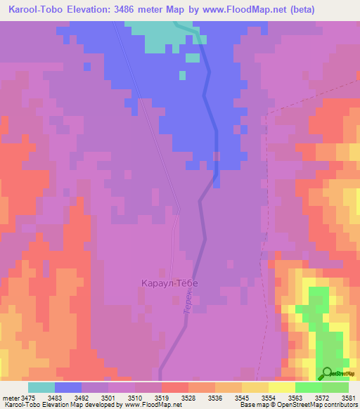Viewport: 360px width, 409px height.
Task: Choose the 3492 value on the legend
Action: click(82, 397)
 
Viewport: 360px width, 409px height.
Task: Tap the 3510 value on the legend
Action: click(135, 397)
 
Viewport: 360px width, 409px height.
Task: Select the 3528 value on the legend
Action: click(188, 397)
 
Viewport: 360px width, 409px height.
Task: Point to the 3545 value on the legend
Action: click(242, 397)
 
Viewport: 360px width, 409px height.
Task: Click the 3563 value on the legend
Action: click(295, 397)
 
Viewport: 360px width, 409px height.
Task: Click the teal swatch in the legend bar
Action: click(41, 387)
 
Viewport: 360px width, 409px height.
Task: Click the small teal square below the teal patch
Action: click(182, 75)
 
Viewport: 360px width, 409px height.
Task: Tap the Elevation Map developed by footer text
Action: click(77, 405)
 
